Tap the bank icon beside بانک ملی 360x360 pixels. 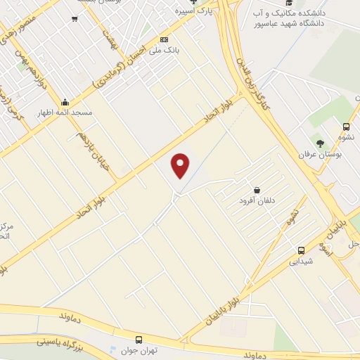pyautogui.click(x=165, y=39)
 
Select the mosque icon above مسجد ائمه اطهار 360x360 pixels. pyautogui.click(x=65, y=101)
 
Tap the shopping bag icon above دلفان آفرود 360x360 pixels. pyautogui.click(x=257, y=189)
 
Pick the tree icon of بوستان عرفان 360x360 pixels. pyautogui.click(x=321, y=143)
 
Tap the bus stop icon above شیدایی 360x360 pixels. pyautogui.click(x=301, y=250)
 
